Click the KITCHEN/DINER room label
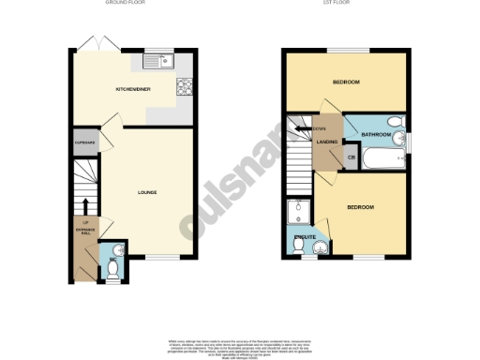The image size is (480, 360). click(x=133, y=89)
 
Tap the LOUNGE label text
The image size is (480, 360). click(x=147, y=192)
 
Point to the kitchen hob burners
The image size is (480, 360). click(x=184, y=90)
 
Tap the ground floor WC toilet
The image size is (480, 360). click(x=112, y=269)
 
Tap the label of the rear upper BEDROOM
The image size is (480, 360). click(x=346, y=82)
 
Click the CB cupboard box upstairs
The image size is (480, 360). click(x=352, y=157)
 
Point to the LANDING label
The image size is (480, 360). click(x=327, y=142)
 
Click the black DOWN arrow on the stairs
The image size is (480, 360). click(x=302, y=129)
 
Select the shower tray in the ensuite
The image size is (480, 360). click(x=302, y=211)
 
